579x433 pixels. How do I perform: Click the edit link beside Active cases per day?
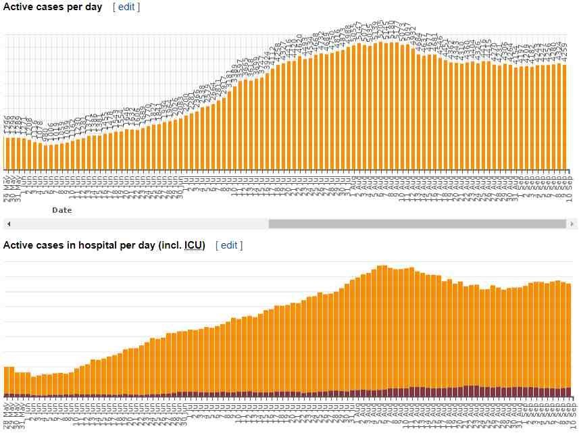pos(126,7)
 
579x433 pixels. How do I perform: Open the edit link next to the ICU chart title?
pos(229,245)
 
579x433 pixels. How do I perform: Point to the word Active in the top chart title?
pos(18,7)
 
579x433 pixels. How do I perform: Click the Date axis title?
pos(61,210)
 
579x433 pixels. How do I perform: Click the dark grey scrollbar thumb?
pos(417,224)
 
